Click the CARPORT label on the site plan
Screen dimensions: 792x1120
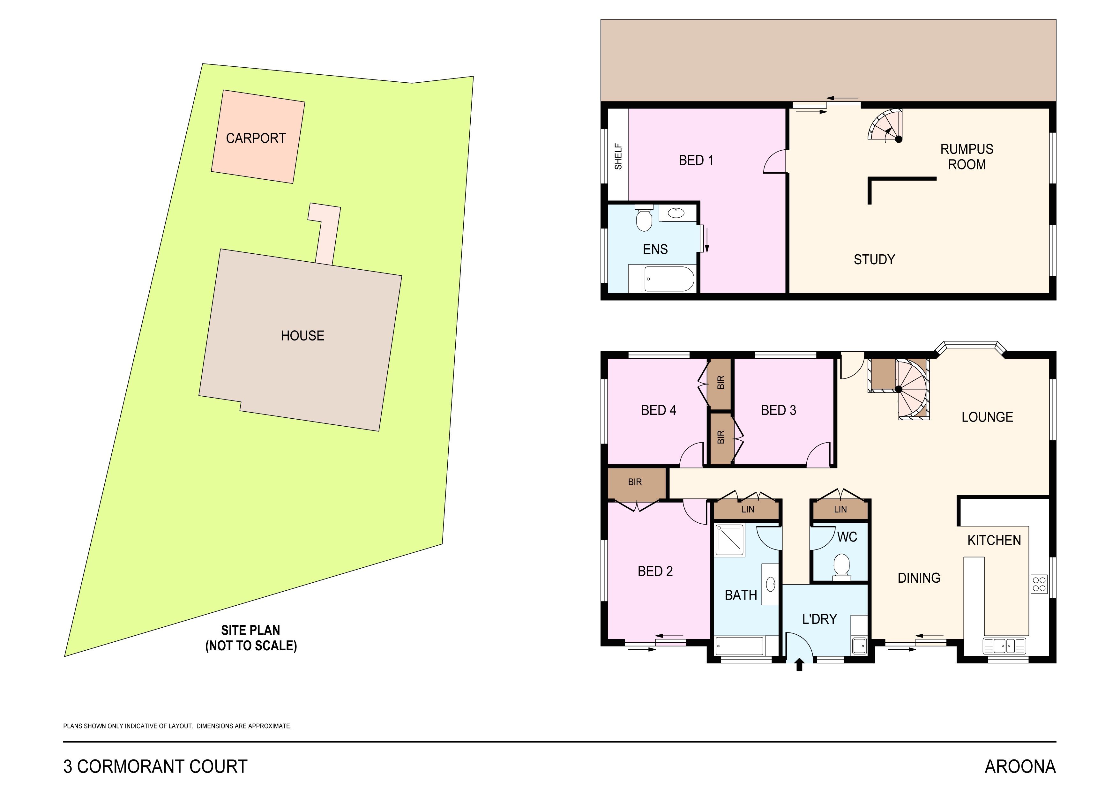(256, 138)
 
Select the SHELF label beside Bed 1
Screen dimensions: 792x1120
(618, 156)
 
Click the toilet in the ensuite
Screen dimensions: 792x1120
(644, 220)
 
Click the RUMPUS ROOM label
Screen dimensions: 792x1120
(966, 157)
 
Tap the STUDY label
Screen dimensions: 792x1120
(874, 259)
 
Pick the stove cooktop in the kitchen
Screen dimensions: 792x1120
(1039, 584)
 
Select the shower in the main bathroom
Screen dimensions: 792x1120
(729, 540)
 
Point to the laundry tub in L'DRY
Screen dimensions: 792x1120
(859, 646)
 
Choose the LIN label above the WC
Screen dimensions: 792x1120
(840, 510)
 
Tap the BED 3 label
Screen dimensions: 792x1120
(779, 411)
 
